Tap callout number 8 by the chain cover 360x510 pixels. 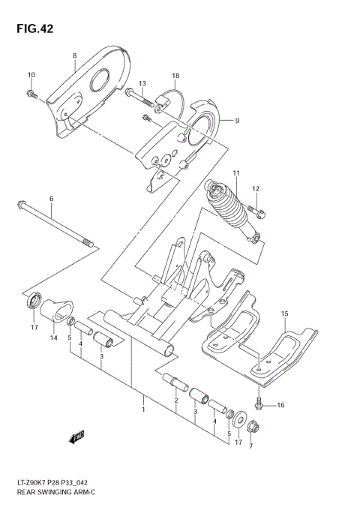tap(75, 56)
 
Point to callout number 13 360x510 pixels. tap(142, 83)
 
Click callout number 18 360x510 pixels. tap(175, 76)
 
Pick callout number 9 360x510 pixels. tap(236, 120)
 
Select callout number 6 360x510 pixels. tap(52, 199)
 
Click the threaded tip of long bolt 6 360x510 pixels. tap(88, 242)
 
